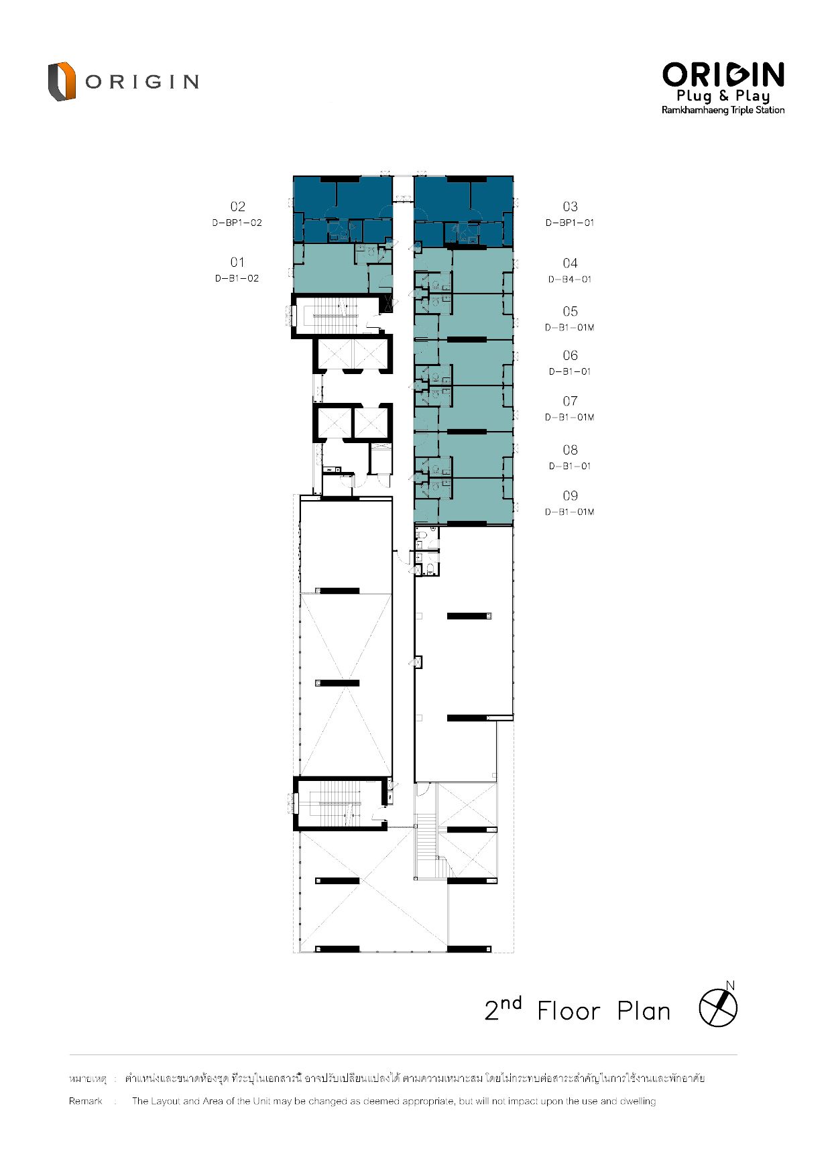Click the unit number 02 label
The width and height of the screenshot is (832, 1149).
pyautogui.click(x=237, y=206)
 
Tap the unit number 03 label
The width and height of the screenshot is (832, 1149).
pyautogui.click(x=570, y=206)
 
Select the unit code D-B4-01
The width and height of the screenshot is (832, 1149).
pyautogui.click(x=570, y=280)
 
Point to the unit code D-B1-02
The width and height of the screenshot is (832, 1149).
pyautogui.click(x=237, y=278)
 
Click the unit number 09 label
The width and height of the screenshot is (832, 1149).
pyautogui.click(x=570, y=496)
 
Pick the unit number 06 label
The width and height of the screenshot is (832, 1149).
pyautogui.click(x=570, y=356)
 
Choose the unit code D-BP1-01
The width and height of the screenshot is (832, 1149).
pyautogui.click(x=570, y=223)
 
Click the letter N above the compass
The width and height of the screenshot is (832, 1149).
pyautogui.click(x=730, y=985)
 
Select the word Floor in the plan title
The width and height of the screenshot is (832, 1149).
pyautogui.click(x=569, y=1011)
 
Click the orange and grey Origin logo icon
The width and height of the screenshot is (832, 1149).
pyautogui.click(x=61, y=81)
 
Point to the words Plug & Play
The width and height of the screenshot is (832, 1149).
pyautogui.click(x=723, y=96)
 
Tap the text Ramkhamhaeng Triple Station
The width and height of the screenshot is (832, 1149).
pyautogui.click(x=723, y=110)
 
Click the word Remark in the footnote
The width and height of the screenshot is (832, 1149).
pyautogui.click(x=86, y=1101)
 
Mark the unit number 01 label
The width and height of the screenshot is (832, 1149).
pyautogui.click(x=237, y=262)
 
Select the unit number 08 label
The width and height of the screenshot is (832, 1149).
pyautogui.click(x=570, y=450)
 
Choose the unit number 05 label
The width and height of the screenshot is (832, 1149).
pyautogui.click(x=570, y=312)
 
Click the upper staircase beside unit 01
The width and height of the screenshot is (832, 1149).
pyautogui.click(x=333, y=314)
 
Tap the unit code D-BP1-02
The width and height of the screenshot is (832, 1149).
pyautogui.click(x=237, y=223)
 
